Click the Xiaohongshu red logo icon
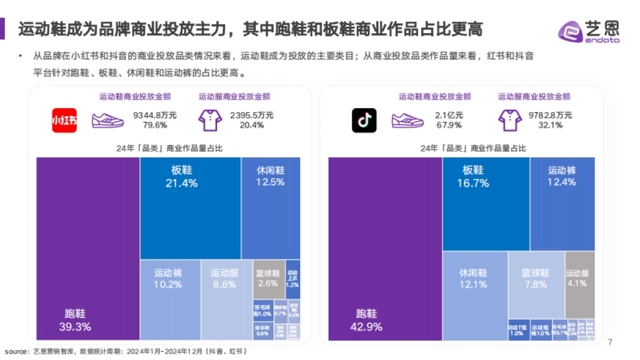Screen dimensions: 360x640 tap(64, 121)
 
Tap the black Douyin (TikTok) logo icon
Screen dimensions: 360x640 tap(364, 121)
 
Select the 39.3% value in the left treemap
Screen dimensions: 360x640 tap(75, 327)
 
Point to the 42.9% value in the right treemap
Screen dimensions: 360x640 tap(366, 327)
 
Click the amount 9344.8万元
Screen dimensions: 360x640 tap(155, 115)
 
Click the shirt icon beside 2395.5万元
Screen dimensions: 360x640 tap(210, 121)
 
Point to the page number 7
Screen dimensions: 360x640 tap(610, 342)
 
